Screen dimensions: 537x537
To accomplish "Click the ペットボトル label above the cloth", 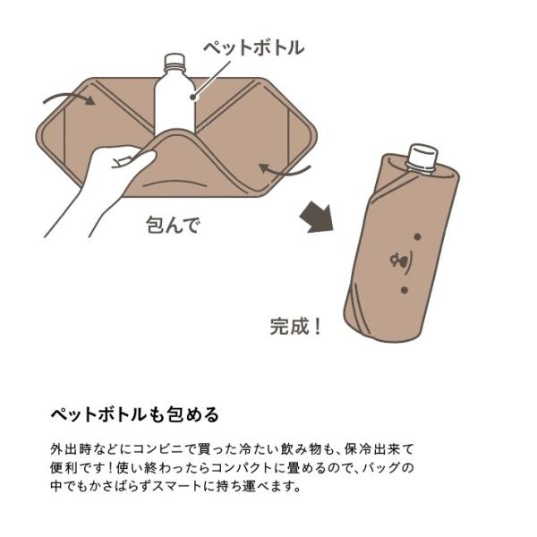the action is (254, 47).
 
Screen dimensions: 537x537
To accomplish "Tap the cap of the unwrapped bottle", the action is (175, 60).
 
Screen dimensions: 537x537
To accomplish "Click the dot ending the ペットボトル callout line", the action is (193, 97).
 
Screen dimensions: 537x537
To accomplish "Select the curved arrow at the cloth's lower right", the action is (285, 170).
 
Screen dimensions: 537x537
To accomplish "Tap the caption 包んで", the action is (173, 225).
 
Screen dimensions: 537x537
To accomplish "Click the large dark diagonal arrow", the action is (317, 217).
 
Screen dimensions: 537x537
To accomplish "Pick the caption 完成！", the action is (296, 327).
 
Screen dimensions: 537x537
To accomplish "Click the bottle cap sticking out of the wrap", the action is (422, 157).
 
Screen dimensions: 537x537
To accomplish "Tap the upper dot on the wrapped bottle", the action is (417, 236).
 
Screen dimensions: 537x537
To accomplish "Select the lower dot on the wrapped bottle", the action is (405, 290).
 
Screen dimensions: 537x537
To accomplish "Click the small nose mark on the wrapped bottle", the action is (401, 261).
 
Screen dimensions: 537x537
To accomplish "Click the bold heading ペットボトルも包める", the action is (134, 414).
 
